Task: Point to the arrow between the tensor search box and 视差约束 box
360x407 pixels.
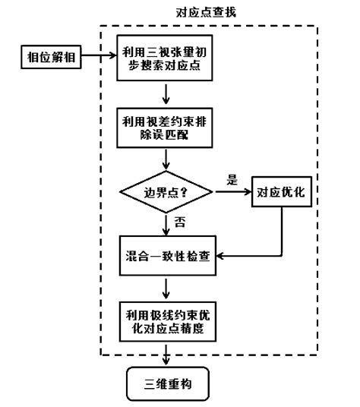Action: coord(165,93)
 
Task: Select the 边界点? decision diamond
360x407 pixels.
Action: coord(165,192)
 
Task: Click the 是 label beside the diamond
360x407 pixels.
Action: coord(233,181)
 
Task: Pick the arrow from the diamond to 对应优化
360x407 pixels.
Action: coord(232,192)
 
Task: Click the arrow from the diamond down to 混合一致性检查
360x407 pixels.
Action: coord(165,224)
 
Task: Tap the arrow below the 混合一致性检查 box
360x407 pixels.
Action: coord(165,286)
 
